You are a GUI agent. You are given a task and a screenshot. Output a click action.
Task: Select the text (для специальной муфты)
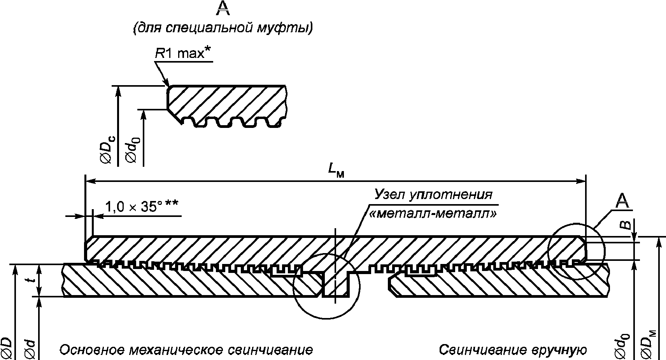pos(223,28)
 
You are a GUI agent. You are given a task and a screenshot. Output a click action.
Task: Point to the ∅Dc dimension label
pos(108,150)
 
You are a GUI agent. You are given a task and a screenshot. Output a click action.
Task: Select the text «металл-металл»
pos(432,213)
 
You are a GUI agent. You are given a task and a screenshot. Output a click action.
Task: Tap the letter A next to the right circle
pos(622,201)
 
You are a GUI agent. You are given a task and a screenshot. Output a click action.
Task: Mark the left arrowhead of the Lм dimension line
pos(89,181)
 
